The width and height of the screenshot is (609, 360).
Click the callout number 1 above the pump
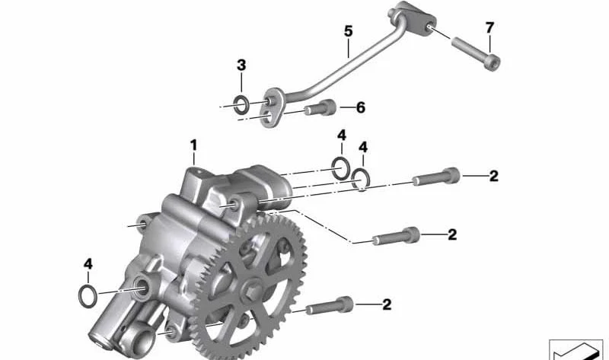coord(193,145)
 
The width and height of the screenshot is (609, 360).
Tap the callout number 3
coord(241,65)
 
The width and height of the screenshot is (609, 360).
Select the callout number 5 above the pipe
coord(348,31)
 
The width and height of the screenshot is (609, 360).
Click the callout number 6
coord(361,107)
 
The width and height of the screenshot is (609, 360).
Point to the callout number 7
coord(489,27)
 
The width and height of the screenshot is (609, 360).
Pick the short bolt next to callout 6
coord(320,108)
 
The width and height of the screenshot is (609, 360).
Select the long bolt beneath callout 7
coord(475,53)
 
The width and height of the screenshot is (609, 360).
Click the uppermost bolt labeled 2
coord(435,177)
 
